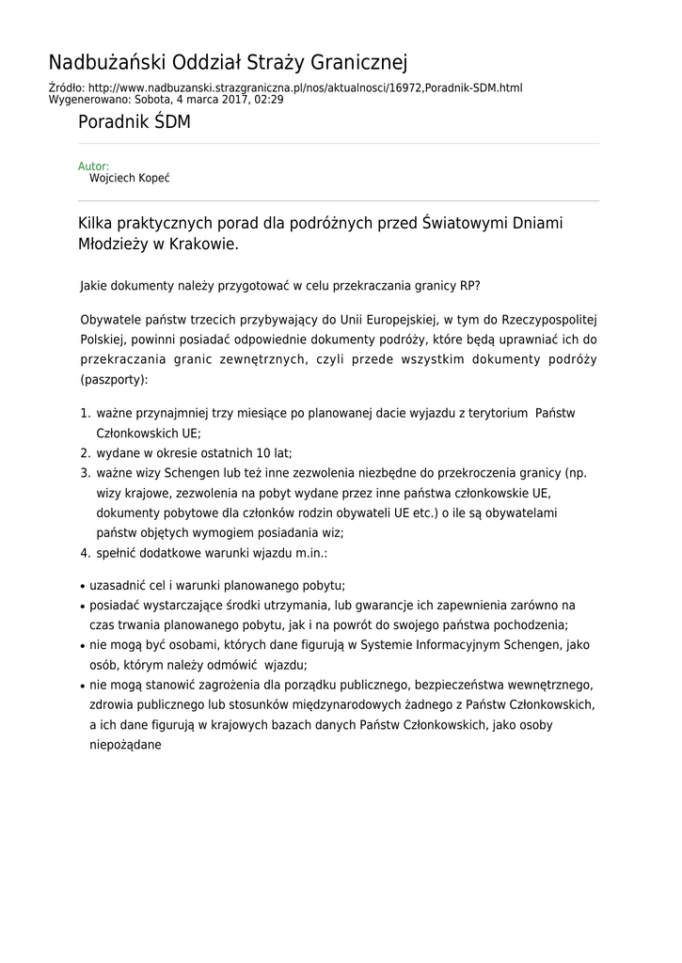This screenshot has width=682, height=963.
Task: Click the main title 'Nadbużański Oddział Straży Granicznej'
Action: point(228,63)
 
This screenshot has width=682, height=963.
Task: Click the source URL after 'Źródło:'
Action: point(306,88)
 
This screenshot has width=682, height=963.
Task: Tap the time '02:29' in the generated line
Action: point(268,99)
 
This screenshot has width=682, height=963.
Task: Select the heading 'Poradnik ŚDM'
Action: point(135,122)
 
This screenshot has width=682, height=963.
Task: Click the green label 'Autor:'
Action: point(93,166)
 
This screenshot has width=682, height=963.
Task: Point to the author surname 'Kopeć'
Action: point(152,178)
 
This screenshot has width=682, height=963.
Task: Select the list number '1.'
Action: point(85,414)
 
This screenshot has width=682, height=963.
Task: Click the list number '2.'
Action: point(85,453)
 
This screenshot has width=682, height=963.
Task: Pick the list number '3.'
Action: point(85,473)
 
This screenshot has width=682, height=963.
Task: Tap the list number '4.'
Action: point(85,553)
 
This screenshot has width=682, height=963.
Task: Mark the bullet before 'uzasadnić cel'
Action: point(84,586)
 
